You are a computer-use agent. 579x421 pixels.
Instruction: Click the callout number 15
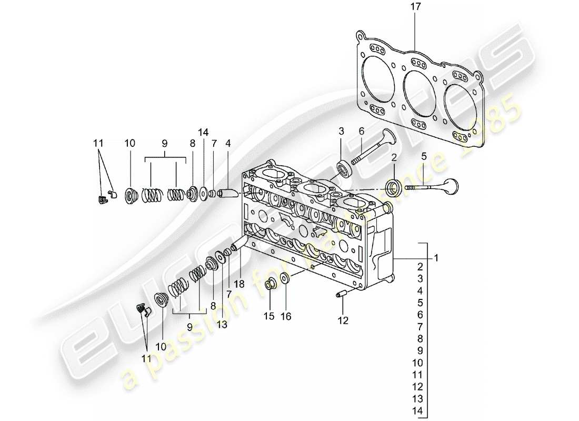[x=269, y=317]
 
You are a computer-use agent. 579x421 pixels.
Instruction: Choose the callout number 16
[x=286, y=317]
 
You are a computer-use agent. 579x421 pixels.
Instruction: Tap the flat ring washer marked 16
[x=284, y=279]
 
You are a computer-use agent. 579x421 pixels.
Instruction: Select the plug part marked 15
[x=269, y=284]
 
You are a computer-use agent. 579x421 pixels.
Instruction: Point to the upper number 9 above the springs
[x=165, y=143]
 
